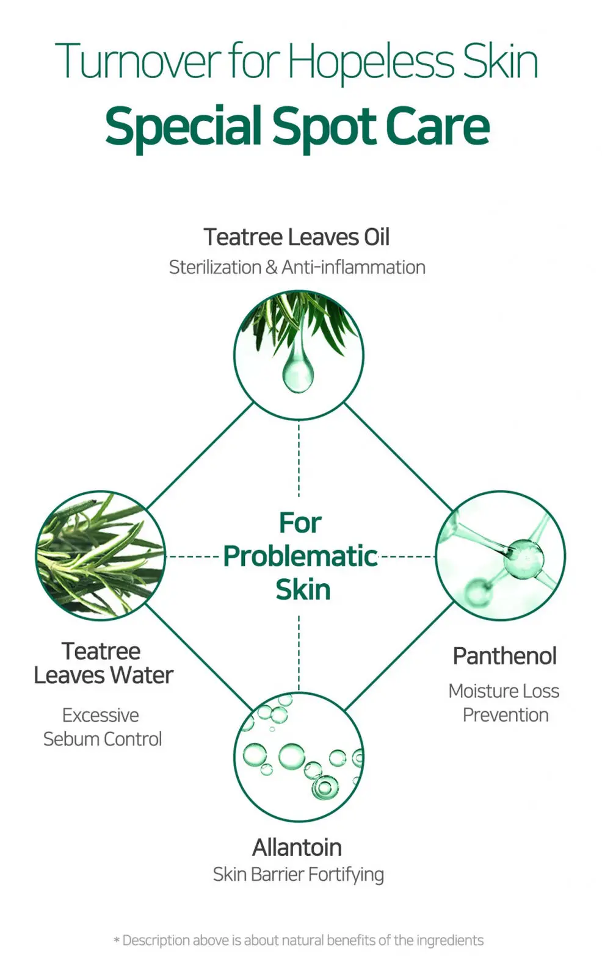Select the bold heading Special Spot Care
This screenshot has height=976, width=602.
[297, 127]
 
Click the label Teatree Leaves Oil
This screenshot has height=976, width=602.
[297, 237]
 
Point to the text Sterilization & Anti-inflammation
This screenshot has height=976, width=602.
[297, 267]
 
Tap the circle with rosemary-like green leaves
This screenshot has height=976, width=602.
[100, 556]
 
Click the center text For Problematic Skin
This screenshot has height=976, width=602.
[300, 556]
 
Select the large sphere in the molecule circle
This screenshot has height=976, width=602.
[523, 559]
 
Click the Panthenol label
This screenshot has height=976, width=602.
[505, 656]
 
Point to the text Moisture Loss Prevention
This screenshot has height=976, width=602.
[504, 703]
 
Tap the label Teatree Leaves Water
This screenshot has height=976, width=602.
[103, 663]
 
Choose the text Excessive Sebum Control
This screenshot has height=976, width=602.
[102, 727]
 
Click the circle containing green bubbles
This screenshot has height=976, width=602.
[299, 757]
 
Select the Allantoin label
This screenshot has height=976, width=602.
[297, 847]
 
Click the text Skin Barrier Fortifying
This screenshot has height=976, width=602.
[299, 875]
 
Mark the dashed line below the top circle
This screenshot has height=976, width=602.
[299, 459]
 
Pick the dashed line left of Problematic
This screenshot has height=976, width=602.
[193, 556]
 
